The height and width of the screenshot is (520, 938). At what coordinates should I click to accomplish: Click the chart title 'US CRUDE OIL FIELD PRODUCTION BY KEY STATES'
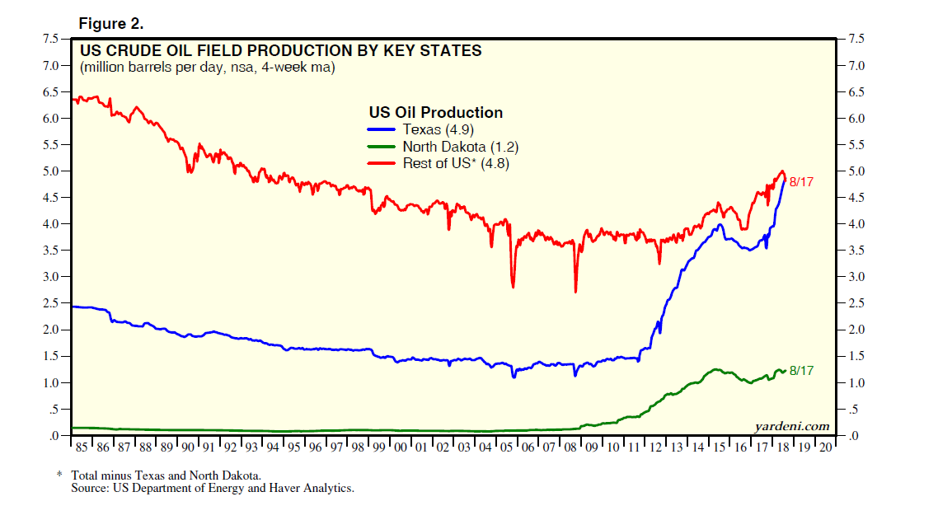click(x=280, y=51)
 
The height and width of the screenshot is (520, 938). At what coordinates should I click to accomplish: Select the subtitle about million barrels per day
click(x=207, y=68)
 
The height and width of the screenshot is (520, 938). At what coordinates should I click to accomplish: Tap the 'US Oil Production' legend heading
click(x=435, y=113)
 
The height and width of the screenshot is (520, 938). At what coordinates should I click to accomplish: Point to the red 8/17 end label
click(x=801, y=182)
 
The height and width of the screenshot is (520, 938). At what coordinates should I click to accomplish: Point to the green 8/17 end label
click(x=801, y=371)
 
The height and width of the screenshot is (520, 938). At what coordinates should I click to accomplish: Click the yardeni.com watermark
click(x=792, y=426)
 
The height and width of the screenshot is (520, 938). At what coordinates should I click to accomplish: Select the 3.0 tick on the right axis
click(x=857, y=277)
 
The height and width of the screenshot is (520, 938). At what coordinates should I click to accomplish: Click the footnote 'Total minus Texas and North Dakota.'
click(x=166, y=475)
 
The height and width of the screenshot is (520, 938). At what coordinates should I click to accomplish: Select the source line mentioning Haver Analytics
click(x=213, y=488)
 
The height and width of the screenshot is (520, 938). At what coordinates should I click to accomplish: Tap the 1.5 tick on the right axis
click(x=857, y=356)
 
